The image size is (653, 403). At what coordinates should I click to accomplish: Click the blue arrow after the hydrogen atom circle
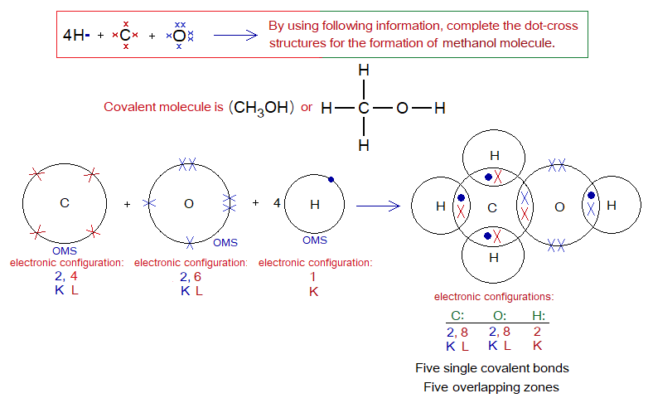(377, 204)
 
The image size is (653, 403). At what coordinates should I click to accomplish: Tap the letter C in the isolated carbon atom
(64, 203)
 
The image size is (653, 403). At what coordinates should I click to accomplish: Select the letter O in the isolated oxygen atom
(188, 203)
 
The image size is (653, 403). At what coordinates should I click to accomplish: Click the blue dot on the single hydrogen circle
(330, 179)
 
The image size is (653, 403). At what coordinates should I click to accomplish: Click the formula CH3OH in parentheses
(261, 109)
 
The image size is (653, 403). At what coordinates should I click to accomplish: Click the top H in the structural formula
(363, 72)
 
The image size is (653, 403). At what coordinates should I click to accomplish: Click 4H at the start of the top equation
(75, 35)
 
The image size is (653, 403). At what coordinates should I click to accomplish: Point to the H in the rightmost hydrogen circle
(612, 205)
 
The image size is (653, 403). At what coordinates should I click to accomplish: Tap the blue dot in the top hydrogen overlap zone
(488, 177)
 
